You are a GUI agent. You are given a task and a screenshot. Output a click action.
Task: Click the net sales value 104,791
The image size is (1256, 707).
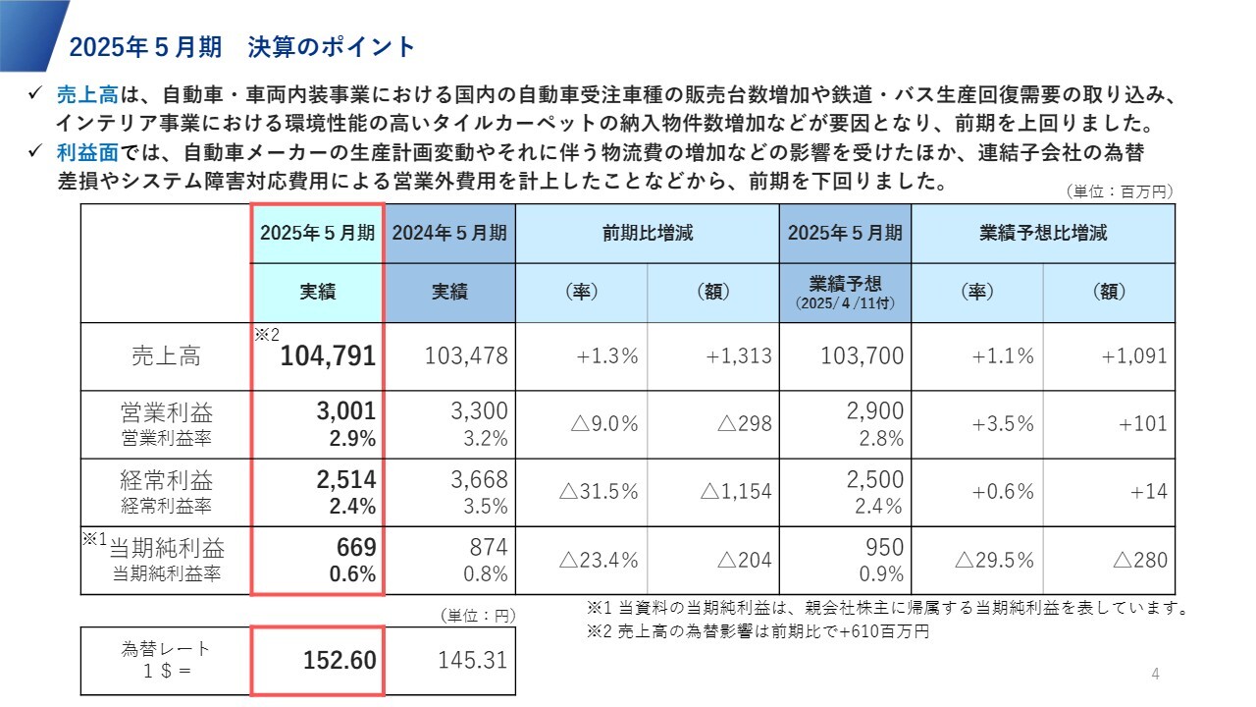pyautogui.click(x=328, y=356)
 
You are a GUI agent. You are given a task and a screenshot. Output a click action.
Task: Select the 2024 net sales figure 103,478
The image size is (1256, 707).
pyautogui.click(x=466, y=355)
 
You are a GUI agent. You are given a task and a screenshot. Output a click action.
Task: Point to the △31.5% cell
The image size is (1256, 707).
pyautogui.click(x=599, y=492)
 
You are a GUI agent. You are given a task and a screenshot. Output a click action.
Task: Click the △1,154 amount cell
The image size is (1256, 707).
pyautogui.click(x=736, y=492)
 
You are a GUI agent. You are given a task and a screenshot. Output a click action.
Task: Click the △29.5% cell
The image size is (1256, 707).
pyautogui.click(x=994, y=560)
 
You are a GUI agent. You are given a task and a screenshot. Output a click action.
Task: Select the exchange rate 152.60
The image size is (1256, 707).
pyautogui.click(x=340, y=661)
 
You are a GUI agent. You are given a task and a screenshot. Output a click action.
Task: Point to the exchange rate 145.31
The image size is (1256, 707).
pyautogui.click(x=473, y=660)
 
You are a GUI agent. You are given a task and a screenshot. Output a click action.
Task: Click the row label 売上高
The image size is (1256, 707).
pyautogui.click(x=166, y=356)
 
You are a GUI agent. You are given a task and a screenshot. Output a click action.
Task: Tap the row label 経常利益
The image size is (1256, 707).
pyautogui.click(x=166, y=480)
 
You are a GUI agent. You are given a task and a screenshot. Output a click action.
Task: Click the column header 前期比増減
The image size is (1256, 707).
pyautogui.click(x=648, y=234)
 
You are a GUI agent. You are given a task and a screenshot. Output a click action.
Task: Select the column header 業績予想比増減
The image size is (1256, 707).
pyautogui.click(x=1043, y=234)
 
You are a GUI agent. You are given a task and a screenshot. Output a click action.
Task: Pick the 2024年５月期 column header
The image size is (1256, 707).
pyautogui.click(x=449, y=234)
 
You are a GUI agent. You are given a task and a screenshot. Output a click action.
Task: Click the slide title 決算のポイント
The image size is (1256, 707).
pyautogui.click(x=333, y=46)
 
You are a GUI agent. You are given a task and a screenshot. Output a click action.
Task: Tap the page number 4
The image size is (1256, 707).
pyautogui.click(x=1155, y=674)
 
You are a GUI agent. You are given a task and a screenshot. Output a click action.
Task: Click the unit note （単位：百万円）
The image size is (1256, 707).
pyautogui.click(x=1120, y=192)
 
